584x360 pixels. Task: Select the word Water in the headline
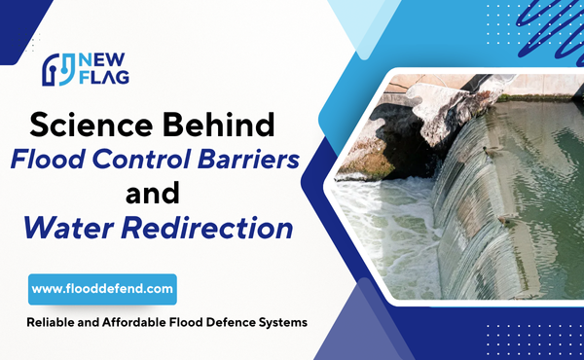[68, 228]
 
